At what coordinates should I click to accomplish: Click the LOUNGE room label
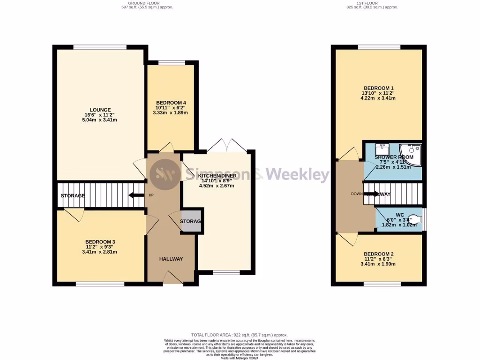pyautogui.click(x=97, y=110)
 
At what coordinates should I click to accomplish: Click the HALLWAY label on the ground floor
pyautogui.click(x=171, y=259)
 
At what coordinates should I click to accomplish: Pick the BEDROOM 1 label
pyautogui.click(x=379, y=88)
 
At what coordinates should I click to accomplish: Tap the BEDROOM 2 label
pyautogui.click(x=379, y=254)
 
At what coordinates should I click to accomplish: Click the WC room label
pyautogui.click(x=399, y=215)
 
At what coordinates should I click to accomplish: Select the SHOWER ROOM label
pyautogui.click(x=394, y=157)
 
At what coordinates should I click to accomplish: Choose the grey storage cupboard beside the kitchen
pyautogui.click(x=191, y=221)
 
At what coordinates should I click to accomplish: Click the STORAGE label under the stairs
pyautogui.click(x=73, y=195)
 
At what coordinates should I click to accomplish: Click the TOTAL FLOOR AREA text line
pyautogui.click(x=240, y=335)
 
